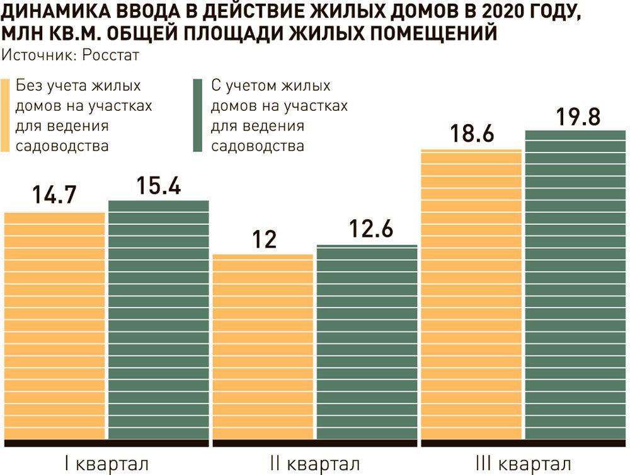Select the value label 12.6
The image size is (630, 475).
(367, 229)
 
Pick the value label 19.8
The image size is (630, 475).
(575, 117)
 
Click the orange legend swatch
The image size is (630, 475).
(6, 116)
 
